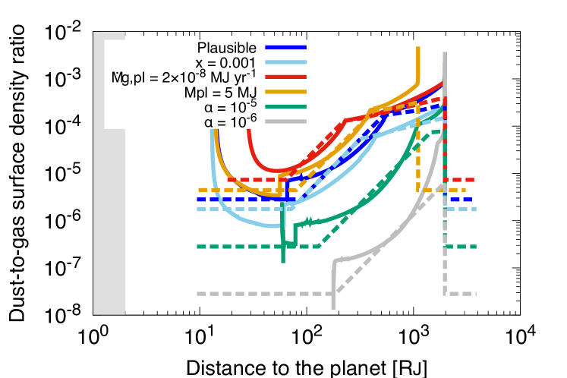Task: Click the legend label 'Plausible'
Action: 227,48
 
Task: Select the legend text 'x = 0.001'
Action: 225,62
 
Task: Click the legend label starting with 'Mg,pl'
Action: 184,77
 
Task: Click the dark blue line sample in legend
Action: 285,48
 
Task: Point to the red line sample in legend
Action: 285,77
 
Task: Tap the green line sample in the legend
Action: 285,106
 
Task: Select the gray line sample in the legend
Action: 285,121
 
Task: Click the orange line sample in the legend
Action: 285,92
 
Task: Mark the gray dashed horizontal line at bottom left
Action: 258,294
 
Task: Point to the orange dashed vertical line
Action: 417,152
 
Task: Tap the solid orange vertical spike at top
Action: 417,61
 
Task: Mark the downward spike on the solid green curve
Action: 283,254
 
